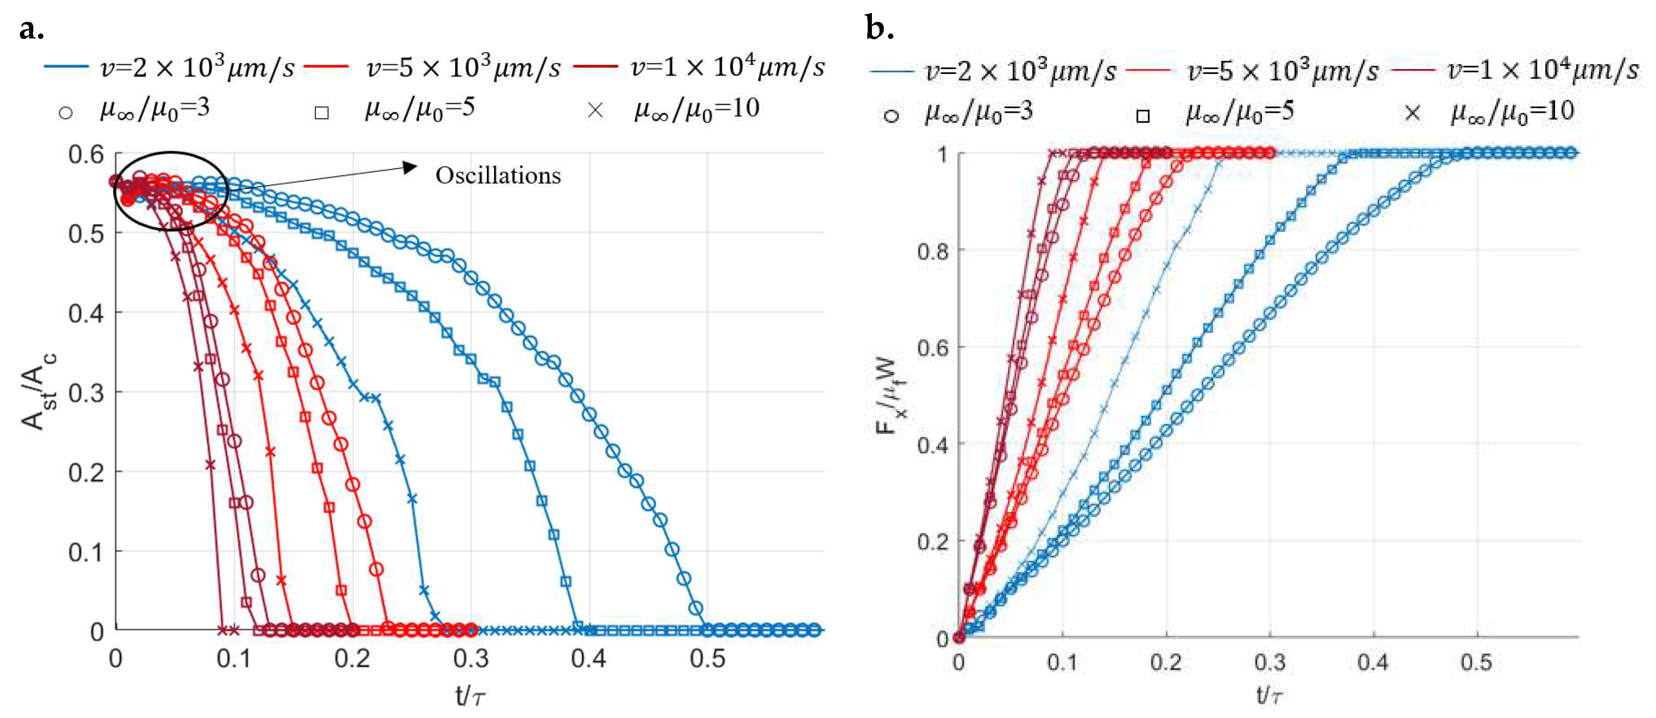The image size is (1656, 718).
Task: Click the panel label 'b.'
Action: pos(880,28)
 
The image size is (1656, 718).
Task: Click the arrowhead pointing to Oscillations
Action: pos(410,167)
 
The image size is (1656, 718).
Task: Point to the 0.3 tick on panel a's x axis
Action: pos(471,659)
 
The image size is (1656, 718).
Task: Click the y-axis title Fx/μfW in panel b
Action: pos(892,395)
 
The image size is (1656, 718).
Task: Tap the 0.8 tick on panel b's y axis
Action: pos(933,251)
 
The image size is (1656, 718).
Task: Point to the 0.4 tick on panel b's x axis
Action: pos(1373,662)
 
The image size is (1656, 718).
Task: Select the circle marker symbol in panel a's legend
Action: pos(65,113)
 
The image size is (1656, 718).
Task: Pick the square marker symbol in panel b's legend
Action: pos(1143,116)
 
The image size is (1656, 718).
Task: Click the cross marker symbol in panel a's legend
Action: pos(595,111)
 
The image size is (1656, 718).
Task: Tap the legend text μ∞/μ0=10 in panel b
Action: pos(1512,112)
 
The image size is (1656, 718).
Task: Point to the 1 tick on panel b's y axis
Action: pos(942,154)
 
